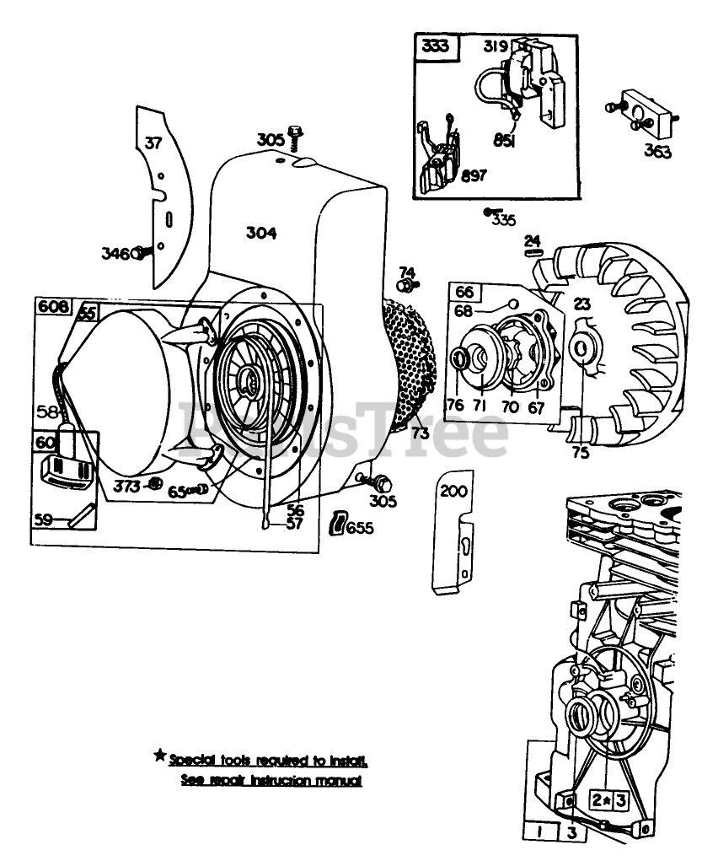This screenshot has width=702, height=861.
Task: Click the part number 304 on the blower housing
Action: pos(261,233)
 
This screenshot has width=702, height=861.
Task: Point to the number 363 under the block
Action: pos(658,152)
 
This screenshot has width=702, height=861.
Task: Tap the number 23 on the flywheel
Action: pos(582,304)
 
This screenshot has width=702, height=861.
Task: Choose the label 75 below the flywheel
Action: pos(581,450)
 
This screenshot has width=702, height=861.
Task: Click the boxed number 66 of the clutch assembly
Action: pos(464,293)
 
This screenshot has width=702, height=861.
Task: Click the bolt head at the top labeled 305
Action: pos(295,132)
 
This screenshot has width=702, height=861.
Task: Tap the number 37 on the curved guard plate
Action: pos(153,143)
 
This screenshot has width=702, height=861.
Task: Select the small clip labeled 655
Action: pos(338,524)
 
